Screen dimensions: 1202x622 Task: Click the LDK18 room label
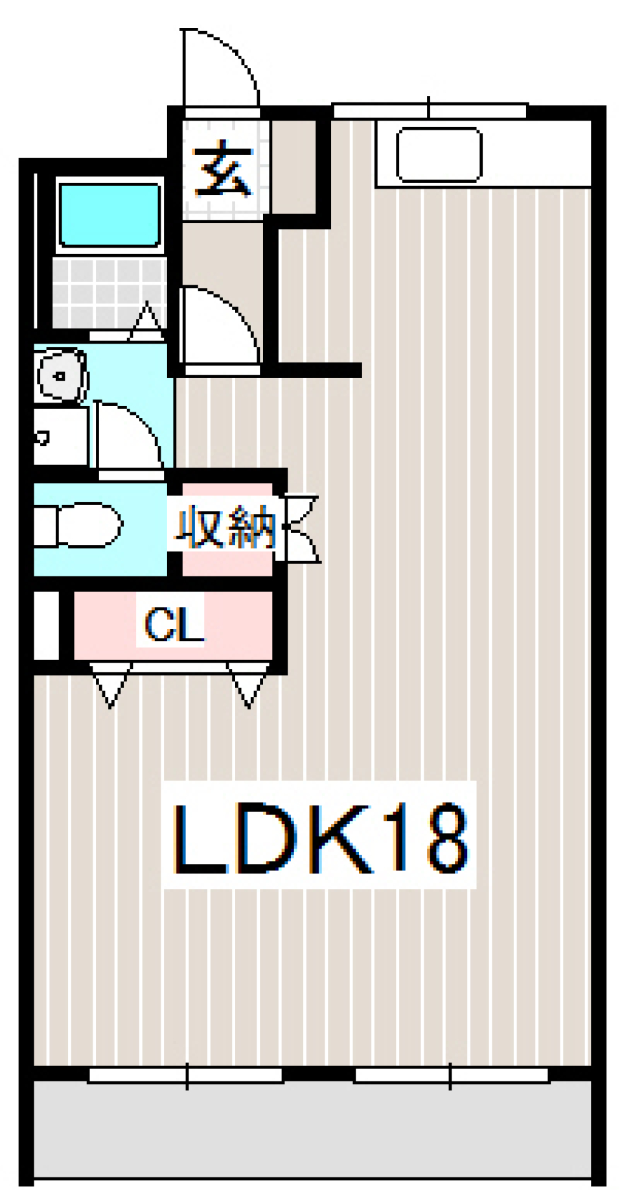[319, 836]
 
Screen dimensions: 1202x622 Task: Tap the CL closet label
[173, 624]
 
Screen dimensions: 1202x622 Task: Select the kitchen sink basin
[439, 154]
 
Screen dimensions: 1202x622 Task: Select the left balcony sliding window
[186, 1076]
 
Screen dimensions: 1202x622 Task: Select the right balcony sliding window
[451, 1076]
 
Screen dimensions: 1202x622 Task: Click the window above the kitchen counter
[429, 111]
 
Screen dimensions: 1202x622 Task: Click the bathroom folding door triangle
[146, 322]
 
